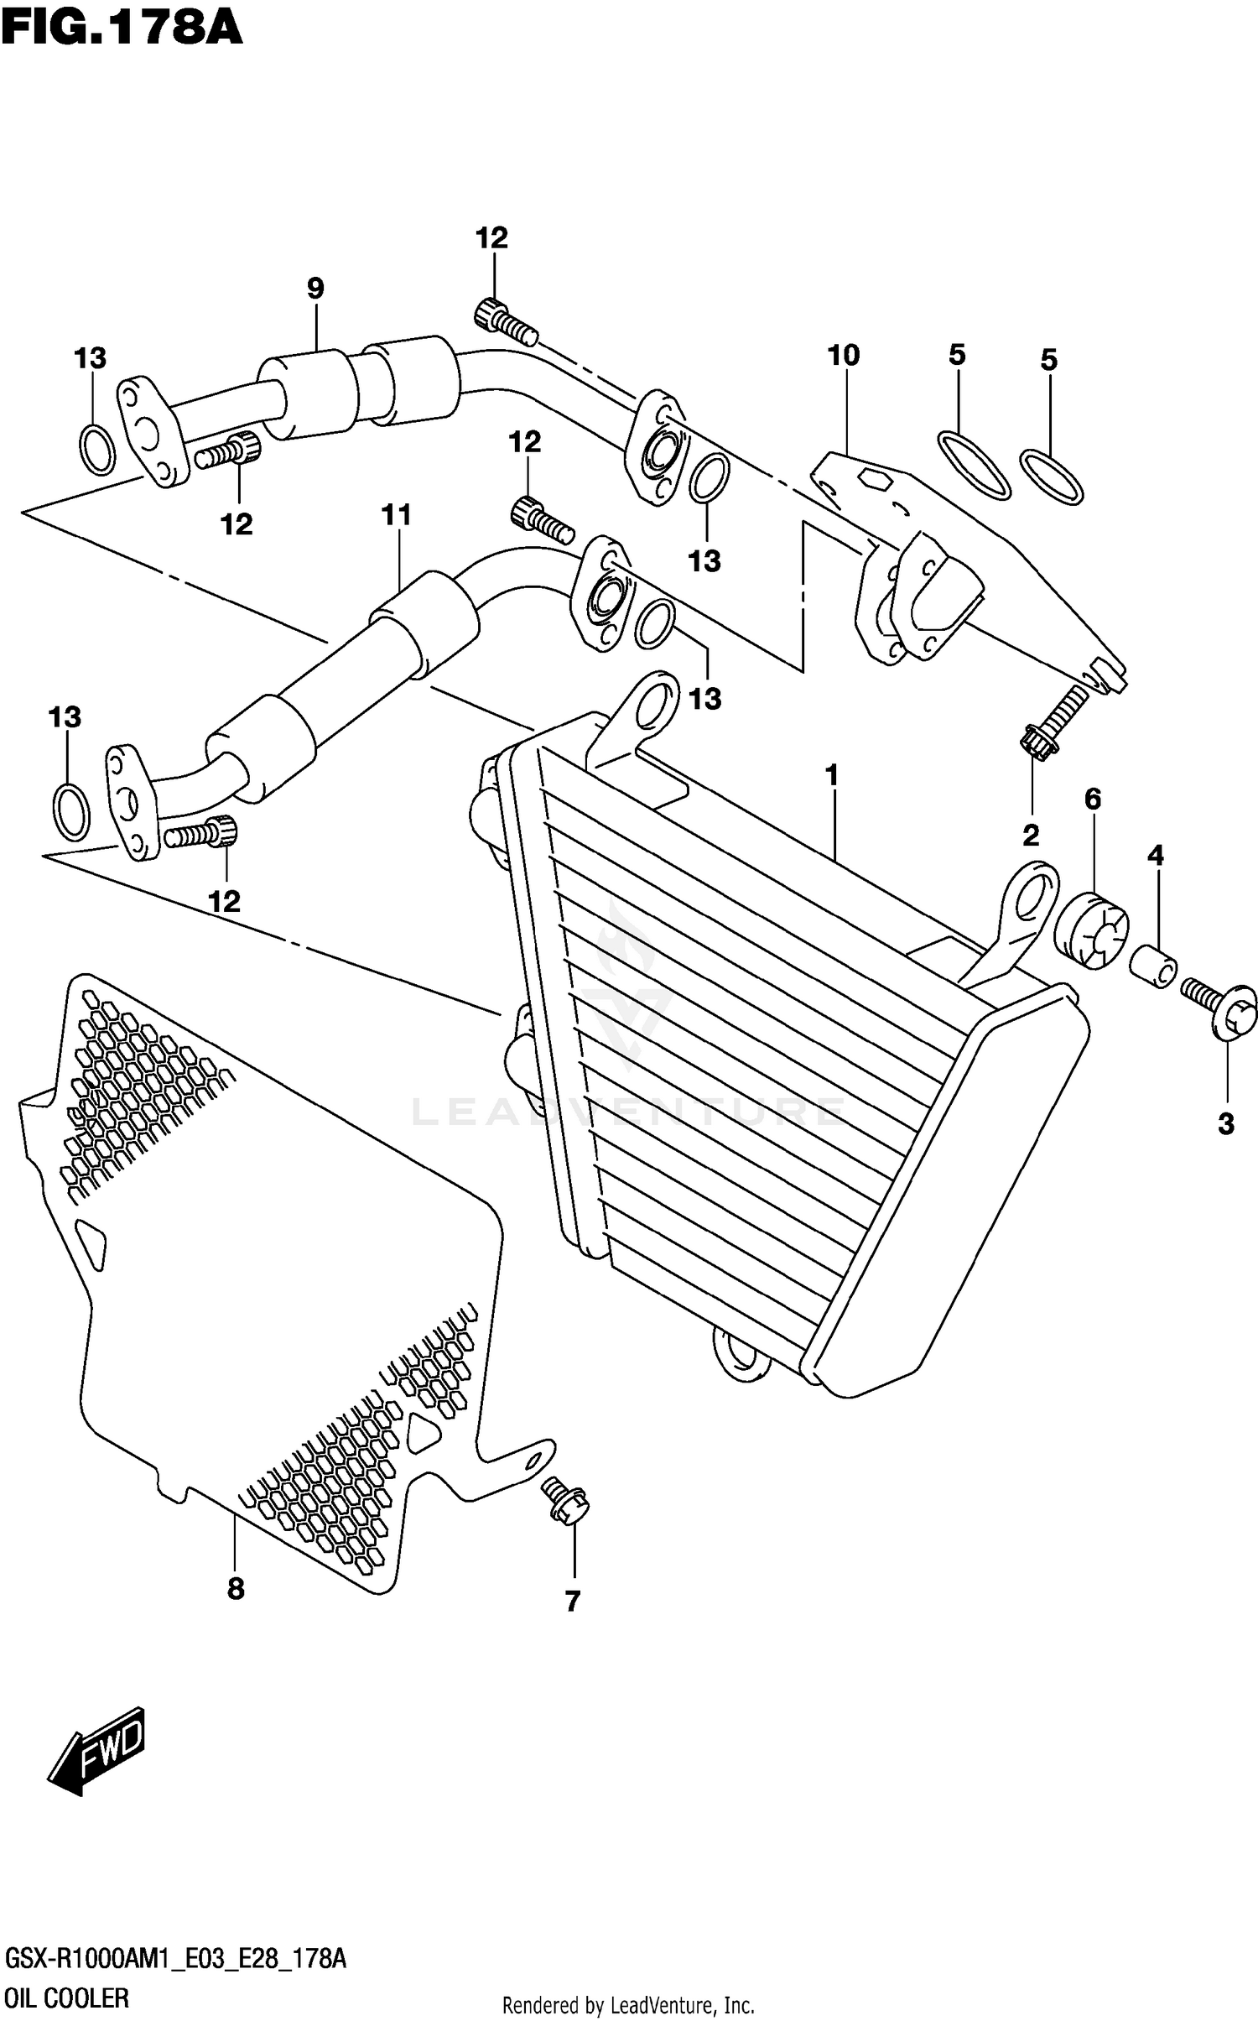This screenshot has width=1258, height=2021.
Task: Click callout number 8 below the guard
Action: [x=236, y=1588]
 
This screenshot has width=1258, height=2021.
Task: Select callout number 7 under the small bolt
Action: [x=573, y=1602]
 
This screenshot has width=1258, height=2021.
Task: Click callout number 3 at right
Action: [x=1226, y=1124]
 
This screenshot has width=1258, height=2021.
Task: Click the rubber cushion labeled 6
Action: [x=1091, y=930]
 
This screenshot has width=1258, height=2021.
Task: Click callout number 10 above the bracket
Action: [x=844, y=356]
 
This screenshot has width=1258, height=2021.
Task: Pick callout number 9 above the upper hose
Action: [x=315, y=289]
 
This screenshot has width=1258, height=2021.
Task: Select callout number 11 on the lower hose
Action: [x=396, y=515]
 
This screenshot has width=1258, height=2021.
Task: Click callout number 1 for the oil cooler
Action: [x=832, y=775]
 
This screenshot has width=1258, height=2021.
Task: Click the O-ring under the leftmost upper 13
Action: [x=96, y=450]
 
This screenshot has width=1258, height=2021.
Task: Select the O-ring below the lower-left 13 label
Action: [x=71, y=812]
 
